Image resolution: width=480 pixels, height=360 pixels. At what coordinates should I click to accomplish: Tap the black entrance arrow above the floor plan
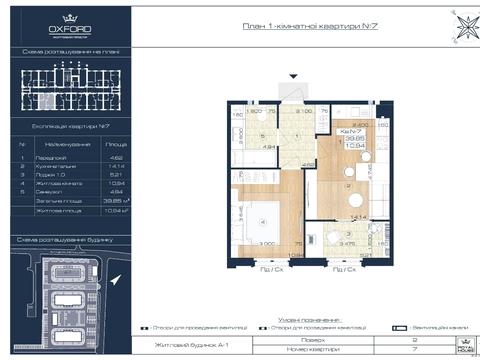point(292,77)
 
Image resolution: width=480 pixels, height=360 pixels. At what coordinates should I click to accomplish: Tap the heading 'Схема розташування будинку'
point(69,240)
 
